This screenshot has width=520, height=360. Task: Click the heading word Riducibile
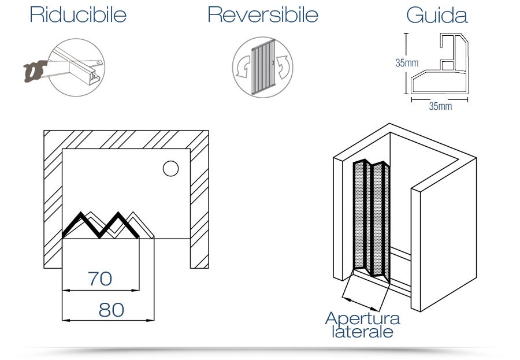pyautogui.click(x=78, y=15)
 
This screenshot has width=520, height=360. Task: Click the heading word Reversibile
pyautogui.click(x=262, y=15)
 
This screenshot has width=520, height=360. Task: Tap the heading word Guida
pyautogui.click(x=437, y=15)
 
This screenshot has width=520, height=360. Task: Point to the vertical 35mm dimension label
pyautogui.click(x=407, y=63)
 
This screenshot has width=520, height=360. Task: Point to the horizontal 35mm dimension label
pyautogui.click(x=440, y=106)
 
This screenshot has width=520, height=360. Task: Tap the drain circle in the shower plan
pyautogui.click(x=170, y=169)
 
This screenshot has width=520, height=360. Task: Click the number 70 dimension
pyautogui.click(x=100, y=279)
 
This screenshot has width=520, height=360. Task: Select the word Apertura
pyautogui.click(x=362, y=318)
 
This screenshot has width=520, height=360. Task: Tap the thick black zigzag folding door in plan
pyautogui.click(x=101, y=225)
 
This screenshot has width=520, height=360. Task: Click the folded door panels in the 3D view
pyautogui.click(x=371, y=220)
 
